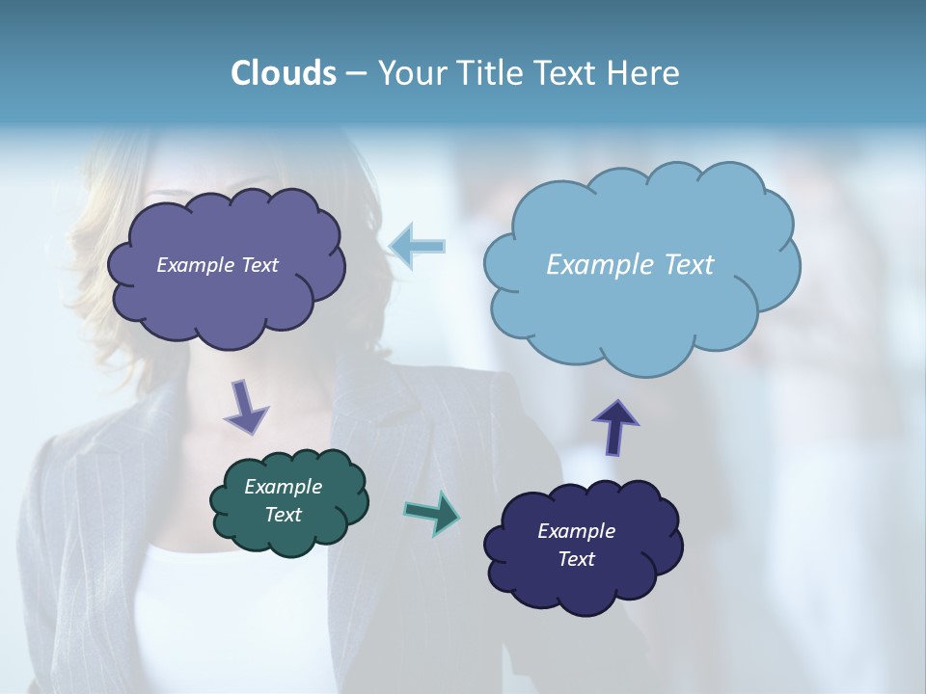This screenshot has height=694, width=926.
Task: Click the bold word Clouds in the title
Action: point(283,73)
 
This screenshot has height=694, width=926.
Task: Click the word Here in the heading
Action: point(645,73)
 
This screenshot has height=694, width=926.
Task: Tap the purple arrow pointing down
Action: point(245,407)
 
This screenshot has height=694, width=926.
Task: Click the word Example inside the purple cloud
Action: point(196,265)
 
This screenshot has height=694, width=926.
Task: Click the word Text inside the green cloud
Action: point(284,515)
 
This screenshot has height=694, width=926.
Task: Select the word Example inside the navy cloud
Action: point(576,531)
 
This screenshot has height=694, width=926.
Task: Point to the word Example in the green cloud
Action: point(284,487)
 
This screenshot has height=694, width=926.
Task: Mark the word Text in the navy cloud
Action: point(577,559)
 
